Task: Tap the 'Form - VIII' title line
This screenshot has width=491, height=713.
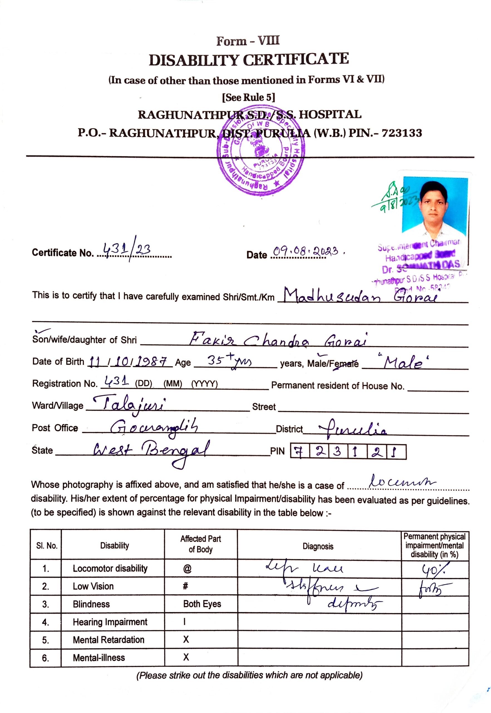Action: (x=248, y=41)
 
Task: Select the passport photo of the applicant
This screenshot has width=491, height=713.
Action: (x=435, y=205)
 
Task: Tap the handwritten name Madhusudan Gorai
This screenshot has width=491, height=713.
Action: (x=359, y=296)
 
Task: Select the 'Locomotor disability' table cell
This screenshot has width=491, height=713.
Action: (x=110, y=568)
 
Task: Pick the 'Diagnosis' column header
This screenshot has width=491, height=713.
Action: (x=318, y=547)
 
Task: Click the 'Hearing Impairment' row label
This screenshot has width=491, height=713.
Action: (x=110, y=622)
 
